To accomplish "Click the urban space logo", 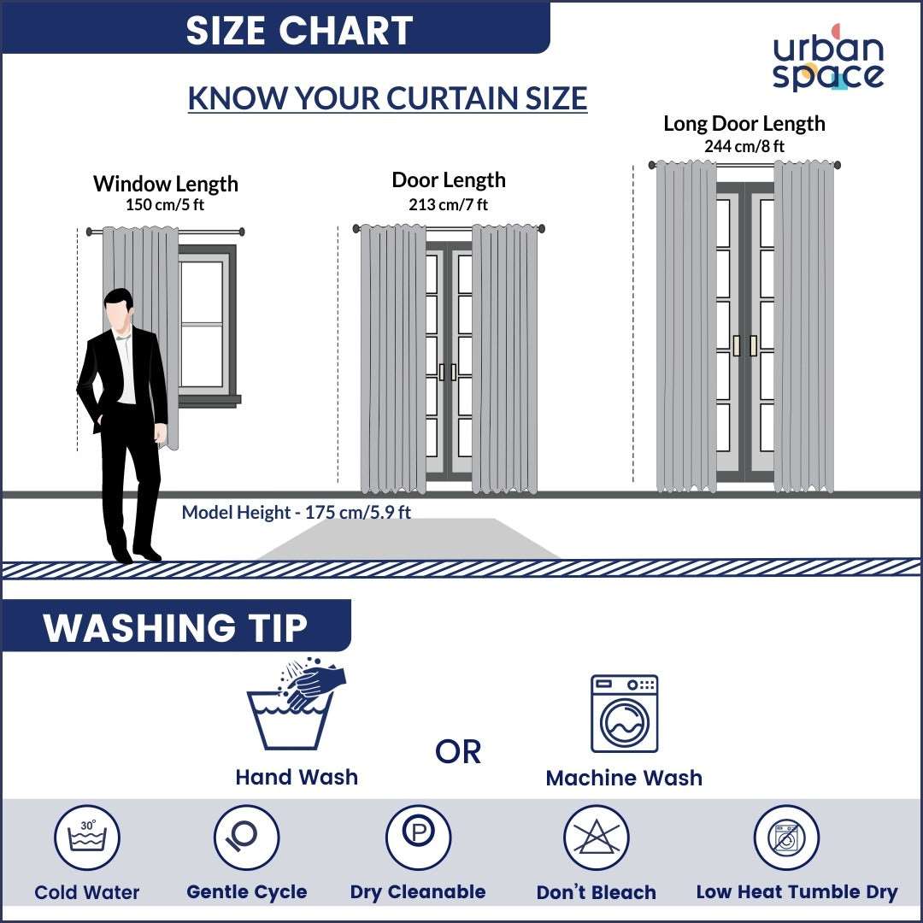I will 827,59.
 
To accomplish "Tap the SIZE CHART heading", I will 299,31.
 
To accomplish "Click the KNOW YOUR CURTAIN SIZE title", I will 387,98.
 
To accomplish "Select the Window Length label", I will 165,184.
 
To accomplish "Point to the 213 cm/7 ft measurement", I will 449,204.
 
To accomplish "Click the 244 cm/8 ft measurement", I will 744,146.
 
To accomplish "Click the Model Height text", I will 296,513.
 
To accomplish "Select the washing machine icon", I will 624,714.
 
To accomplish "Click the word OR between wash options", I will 458,752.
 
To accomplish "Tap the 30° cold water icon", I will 87,838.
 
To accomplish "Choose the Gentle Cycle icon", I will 246,838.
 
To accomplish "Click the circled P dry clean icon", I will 418,838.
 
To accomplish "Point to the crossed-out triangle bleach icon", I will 596,838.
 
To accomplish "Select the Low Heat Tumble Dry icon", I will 785,838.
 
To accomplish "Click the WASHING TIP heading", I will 175,628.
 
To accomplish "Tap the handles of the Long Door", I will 744,345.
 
